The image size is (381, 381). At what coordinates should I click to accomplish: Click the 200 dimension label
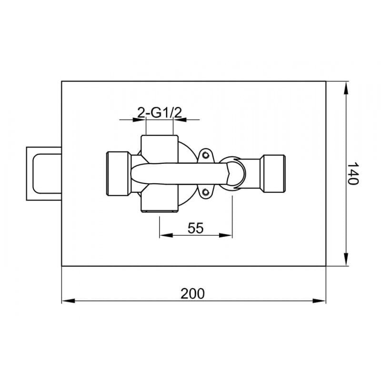[192, 293]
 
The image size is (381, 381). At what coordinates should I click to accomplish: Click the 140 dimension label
[352, 173]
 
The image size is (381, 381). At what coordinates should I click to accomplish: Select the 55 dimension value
[196, 228]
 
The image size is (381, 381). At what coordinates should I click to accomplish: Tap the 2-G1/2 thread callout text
[160, 112]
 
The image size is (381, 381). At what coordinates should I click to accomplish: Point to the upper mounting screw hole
[206, 154]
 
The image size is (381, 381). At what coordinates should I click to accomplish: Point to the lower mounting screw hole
[206, 192]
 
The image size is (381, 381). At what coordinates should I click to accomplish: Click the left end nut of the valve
[118, 173]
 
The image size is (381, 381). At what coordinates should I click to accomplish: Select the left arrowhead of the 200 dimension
[68, 301]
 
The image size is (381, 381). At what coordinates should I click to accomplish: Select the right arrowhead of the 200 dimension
[319, 301]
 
